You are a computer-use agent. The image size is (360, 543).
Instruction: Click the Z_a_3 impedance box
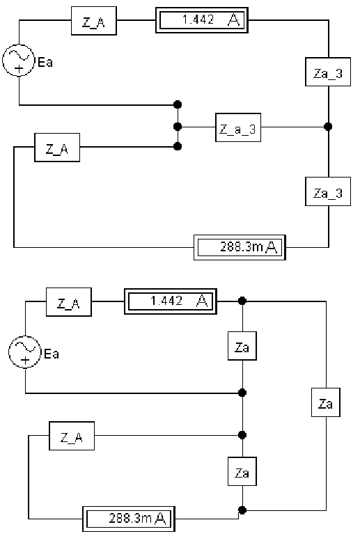coord(238,127)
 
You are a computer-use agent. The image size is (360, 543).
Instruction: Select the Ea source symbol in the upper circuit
coord(19,61)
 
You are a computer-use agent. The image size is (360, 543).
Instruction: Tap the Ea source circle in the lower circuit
coord(25,352)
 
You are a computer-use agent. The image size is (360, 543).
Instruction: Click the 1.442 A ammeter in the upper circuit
coord(202,20)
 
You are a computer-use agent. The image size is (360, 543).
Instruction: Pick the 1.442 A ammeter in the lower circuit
coord(171,301)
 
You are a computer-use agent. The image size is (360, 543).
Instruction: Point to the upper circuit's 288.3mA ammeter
coord(240,247)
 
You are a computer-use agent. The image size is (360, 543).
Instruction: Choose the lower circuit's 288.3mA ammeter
coord(129,519)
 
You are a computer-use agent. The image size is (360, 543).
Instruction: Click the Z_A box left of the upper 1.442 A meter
coord(94,21)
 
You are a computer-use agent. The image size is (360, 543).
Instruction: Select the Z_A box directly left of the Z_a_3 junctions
coord(57,148)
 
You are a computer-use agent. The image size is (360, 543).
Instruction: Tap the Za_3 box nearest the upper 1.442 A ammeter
coord(328,72)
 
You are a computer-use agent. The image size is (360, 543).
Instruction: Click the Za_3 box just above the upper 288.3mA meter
coord(328,191)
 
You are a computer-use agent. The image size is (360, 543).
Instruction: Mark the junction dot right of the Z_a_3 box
coord(328,127)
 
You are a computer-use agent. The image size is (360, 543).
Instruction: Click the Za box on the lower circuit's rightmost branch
coord(326,402)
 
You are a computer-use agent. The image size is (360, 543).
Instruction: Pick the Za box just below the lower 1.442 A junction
coord(242,346)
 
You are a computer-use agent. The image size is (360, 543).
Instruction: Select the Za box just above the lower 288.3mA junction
coord(242,471)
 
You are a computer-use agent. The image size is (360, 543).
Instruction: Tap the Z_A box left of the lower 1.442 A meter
coord(69,302)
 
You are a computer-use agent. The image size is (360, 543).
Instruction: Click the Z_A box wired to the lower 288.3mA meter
coord(72,436)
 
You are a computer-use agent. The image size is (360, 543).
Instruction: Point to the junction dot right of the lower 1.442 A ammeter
coord(242,301)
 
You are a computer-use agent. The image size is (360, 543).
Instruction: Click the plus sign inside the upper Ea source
coord(19,68)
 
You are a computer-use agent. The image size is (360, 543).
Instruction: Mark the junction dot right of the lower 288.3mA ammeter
coord(242,510)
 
